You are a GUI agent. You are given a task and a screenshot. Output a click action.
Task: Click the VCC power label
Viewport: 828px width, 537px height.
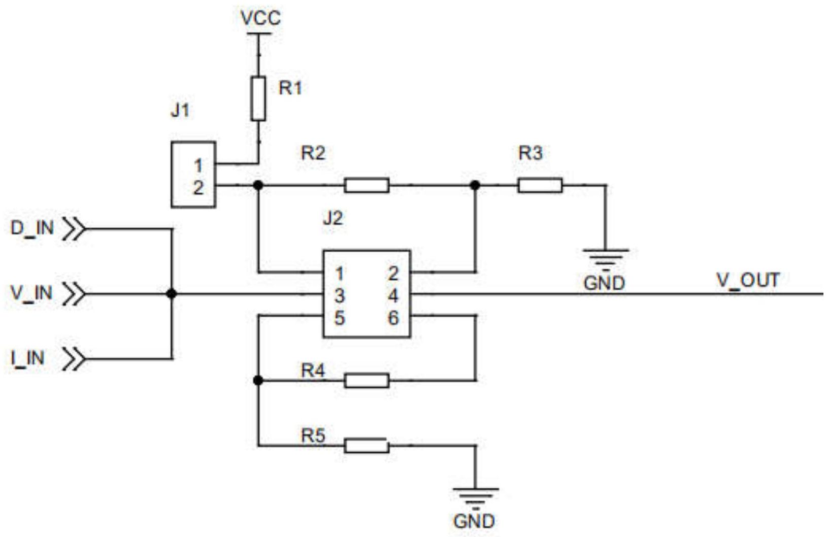pyautogui.click(x=260, y=18)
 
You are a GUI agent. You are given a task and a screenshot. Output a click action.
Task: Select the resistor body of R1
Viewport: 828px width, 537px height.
pyautogui.click(x=258, y=98)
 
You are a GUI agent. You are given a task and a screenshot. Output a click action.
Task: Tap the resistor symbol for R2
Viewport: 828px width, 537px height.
pyautogui.click(x=367, y=185)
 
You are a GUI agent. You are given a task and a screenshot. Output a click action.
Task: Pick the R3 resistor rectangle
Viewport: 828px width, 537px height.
pyautogui.click(x=540, y=185)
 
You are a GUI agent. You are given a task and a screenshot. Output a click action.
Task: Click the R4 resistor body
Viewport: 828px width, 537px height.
pyautogui.click(x=367, y=381)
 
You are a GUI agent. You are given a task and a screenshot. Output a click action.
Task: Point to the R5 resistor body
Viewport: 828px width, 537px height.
pyautogui.click(x=367, y=446)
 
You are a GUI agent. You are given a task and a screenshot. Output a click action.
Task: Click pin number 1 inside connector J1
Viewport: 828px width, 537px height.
pyautogui.click(x=198, y=165)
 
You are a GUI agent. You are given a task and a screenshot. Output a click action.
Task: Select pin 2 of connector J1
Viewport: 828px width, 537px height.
pyautogui.click(x=198, y=188)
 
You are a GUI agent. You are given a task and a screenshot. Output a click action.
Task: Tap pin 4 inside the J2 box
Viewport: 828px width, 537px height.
pyautogui.click(x=393, y=296)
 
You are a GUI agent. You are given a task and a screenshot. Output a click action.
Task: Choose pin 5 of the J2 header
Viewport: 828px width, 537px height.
pyautogui.click(x=340, y=318)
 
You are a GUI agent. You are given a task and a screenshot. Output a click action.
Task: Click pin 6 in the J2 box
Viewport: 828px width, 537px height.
pyautogui.click(x=393, y=318)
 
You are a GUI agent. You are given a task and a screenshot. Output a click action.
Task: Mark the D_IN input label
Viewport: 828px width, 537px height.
pyautogui.click(x=32, y=228)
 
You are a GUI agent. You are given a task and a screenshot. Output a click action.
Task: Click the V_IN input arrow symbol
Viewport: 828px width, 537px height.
pyautogui.click(x=74, y=294)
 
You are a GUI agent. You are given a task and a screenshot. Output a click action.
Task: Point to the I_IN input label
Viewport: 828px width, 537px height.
pyautogui.click(x=28, y=358)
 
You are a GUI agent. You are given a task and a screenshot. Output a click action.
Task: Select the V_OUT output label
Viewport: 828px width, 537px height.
pyautogui.click(x=748, y=280)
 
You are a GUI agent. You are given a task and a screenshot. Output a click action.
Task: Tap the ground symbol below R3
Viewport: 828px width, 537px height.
pyautogui.click(x=606, y=257)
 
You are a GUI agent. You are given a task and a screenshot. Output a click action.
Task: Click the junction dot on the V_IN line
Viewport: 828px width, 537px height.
pyautogui.click(x=172, y=294)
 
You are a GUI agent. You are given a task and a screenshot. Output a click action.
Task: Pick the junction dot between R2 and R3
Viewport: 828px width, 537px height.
pyautogui.click(x=475, y=185)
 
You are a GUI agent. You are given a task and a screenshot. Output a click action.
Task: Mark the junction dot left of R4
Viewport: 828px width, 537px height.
pyautogui.click(x=258, y=380)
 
